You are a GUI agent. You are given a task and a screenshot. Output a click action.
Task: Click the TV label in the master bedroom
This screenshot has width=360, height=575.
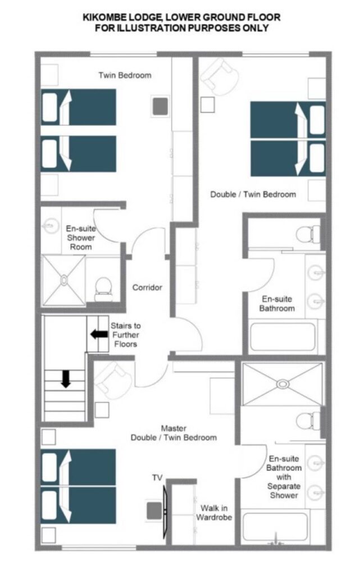(x=157, y=477)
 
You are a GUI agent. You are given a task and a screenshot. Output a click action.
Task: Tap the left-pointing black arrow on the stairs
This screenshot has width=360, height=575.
(x=99, y=334)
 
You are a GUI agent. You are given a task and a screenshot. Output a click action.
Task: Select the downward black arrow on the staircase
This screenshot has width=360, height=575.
(x=66, y=379)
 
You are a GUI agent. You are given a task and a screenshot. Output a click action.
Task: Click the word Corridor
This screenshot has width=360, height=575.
(x=147, y=287)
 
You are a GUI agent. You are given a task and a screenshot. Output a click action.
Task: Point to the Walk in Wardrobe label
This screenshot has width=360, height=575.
(x=214, y=513)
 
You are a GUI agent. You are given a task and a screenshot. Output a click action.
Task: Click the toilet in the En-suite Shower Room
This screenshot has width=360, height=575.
(x=103, y=289)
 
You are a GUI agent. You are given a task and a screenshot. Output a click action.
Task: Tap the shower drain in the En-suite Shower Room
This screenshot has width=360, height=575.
(x=64, y=280)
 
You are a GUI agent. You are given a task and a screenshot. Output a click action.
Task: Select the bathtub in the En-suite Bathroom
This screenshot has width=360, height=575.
(x=282, y=336)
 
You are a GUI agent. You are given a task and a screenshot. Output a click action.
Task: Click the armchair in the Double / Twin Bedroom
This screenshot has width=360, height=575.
(x=219, y=77)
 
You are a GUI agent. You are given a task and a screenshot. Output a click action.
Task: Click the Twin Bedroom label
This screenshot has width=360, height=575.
(x=125, y=75)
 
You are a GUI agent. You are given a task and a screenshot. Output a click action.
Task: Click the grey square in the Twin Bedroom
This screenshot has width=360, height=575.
(x=160, y=106)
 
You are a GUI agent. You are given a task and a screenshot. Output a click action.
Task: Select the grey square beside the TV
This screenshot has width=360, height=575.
(x=154, y=511)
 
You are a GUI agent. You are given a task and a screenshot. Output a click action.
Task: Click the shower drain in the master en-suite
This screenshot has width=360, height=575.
(x=282, y=384)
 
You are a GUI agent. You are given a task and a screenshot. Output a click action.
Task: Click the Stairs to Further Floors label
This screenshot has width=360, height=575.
(x=125, y=335)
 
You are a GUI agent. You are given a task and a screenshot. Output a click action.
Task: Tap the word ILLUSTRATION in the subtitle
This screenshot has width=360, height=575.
(x=150, y=28)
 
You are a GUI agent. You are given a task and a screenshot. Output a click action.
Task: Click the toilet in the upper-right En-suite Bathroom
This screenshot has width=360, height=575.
(x=308, y=234)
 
